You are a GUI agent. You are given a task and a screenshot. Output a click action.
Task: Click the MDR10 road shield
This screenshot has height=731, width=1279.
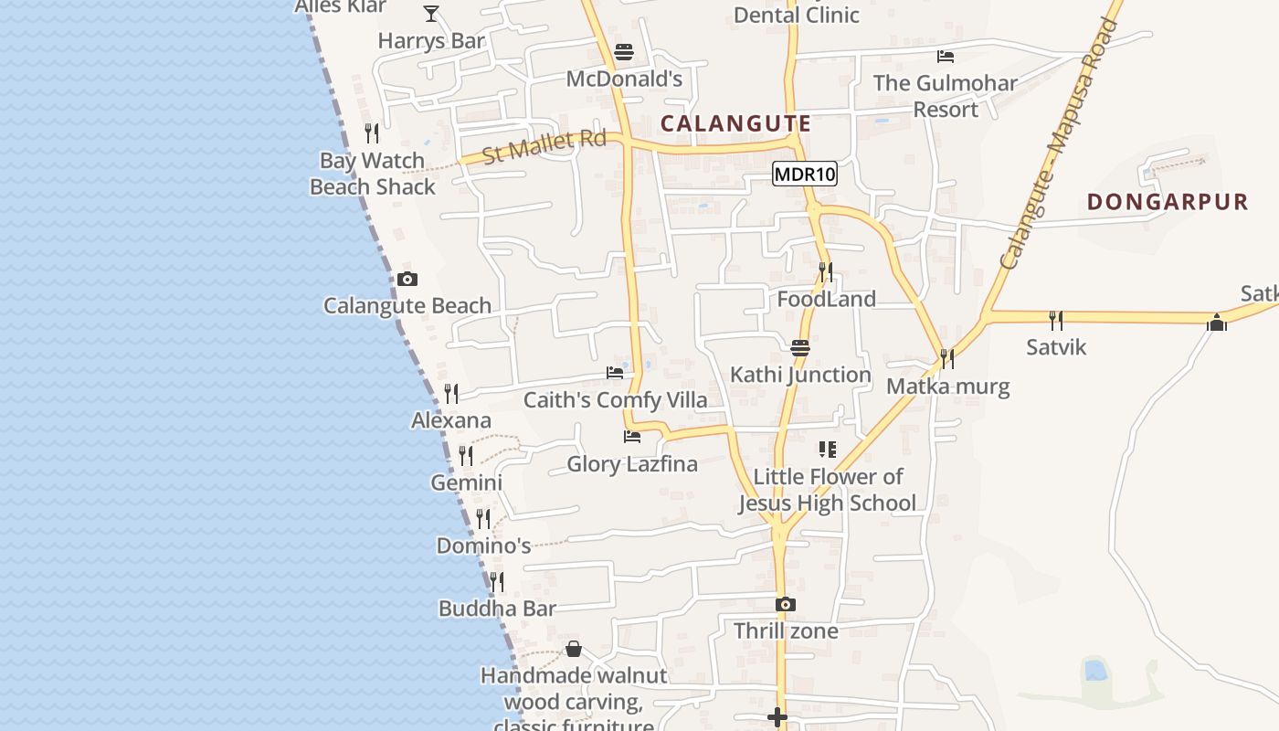(805, 174)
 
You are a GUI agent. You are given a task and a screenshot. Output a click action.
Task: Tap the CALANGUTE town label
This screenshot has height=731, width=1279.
(735, 123)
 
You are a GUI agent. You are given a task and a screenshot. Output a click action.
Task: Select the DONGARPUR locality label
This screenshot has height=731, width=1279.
(1167, 202)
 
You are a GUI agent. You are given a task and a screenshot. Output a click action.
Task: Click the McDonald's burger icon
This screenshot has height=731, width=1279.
(624, 52)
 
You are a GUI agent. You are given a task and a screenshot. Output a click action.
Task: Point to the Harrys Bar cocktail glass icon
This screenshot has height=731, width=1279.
(431, 13)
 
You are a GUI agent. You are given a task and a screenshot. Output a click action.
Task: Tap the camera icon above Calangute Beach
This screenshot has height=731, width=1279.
(407, 279)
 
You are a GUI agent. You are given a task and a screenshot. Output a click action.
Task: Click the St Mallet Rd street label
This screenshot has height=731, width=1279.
(544, 146)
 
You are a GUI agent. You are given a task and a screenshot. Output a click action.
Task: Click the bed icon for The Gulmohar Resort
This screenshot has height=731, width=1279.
(946, 56)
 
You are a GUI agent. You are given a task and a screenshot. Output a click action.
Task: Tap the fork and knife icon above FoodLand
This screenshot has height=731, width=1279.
(826, 271)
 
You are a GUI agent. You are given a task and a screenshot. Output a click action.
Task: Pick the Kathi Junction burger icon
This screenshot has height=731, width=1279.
(800, 347)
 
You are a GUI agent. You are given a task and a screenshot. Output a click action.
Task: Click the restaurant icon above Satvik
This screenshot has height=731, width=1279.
(1056, 320)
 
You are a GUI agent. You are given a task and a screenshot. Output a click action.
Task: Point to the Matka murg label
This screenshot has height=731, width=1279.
(947, 386)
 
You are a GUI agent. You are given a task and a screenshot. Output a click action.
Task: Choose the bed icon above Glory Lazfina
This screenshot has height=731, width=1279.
(631, 437)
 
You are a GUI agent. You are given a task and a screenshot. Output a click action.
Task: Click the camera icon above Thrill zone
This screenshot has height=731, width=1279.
(785, 604)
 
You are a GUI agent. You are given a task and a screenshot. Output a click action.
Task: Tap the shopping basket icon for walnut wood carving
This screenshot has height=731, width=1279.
(573, 649)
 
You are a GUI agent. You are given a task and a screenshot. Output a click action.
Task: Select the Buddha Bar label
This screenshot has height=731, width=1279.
(497, 609)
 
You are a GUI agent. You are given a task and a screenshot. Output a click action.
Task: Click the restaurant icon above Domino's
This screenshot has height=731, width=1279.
(483, 519)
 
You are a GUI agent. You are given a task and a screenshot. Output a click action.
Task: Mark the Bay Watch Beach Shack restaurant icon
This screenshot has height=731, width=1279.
(372, 133)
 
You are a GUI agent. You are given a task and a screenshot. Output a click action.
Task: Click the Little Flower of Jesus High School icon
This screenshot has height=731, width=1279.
(827, 450)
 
